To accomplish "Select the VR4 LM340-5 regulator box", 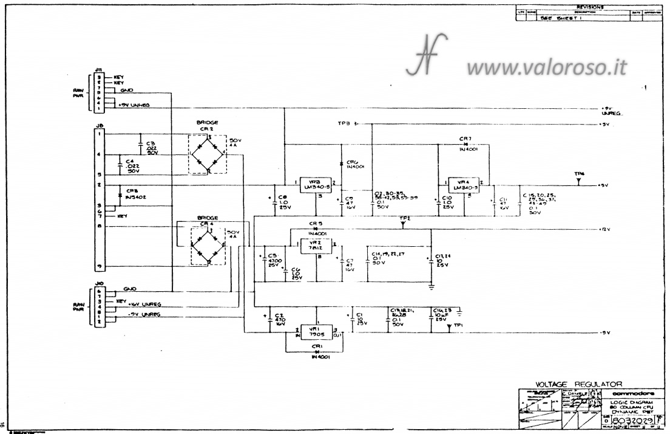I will (x=464, y=184).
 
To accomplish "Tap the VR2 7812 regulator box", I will (x=317, y=245).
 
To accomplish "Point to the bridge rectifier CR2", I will (x=206, y=154).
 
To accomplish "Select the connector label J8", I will (x=99, y=126).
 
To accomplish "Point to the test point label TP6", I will (x=579, y=174).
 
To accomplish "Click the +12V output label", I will (x=604, y=230).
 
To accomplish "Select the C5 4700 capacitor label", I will (x=272, y=260).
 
